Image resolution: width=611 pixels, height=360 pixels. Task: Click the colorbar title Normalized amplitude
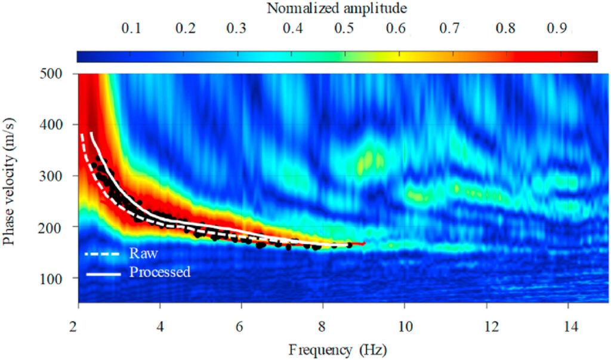(x=337, y=8)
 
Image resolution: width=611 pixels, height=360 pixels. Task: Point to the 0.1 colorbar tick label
(x=131, y=29)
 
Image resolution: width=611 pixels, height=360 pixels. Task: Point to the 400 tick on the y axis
(x=61, y=125)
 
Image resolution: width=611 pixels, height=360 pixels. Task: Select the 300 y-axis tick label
(x=61, y=176)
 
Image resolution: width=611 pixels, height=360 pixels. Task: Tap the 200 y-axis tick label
(x=61, y=227)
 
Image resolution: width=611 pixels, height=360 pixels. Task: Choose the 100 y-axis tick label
(x=61, y=278)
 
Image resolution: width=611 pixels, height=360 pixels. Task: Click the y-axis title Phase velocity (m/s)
(x=10, y=183)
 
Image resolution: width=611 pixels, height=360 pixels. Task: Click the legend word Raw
(x=143, y=254)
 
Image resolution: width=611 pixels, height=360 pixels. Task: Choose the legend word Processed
(x=159, y=272)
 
